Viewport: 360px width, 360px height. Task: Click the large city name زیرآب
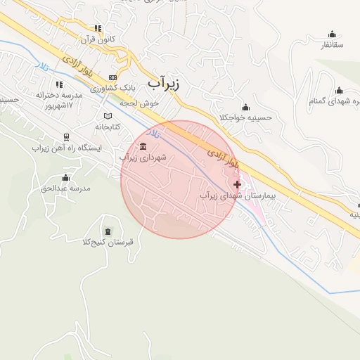(164, 83)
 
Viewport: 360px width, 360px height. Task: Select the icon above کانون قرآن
(99, 28)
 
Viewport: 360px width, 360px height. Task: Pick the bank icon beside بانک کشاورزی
(112, 78)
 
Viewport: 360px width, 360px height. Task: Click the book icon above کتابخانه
(108, 116)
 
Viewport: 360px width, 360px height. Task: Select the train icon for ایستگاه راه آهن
(66, 138)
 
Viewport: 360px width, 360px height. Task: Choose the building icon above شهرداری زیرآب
(143, 146)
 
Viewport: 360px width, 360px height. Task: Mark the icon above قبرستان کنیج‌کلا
(107, 231)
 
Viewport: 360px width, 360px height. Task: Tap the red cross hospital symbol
(237, 184)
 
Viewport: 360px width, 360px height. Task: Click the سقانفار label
(331, 44)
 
